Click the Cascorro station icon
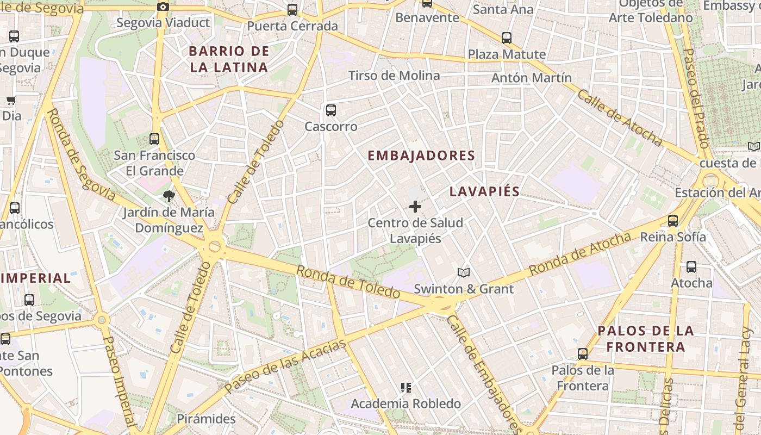(x=330, y=110)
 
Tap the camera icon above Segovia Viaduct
(x=163, y=7)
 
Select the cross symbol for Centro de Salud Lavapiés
(x=415, y=207)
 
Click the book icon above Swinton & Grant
(x=463, y=272)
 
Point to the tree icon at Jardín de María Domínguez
(x=169, y=196)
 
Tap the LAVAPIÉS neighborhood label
(x=485, y=191)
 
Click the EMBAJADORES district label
(x=421, y=156)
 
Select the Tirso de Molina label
(x=394, y=76)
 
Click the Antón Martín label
(x=532, y=78)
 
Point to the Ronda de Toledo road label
(x=349, y=282)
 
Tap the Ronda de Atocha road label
(x=580, y=253)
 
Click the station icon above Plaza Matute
(x=507, y=38)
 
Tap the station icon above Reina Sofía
(x=673, y=220)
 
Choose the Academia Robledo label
(x=406, y=403)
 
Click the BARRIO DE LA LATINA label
(x=229, y=59)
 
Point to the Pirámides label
(x=207, y=419)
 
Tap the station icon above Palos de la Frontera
(x=583, y=354)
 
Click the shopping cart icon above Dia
(x=11, y=100)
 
